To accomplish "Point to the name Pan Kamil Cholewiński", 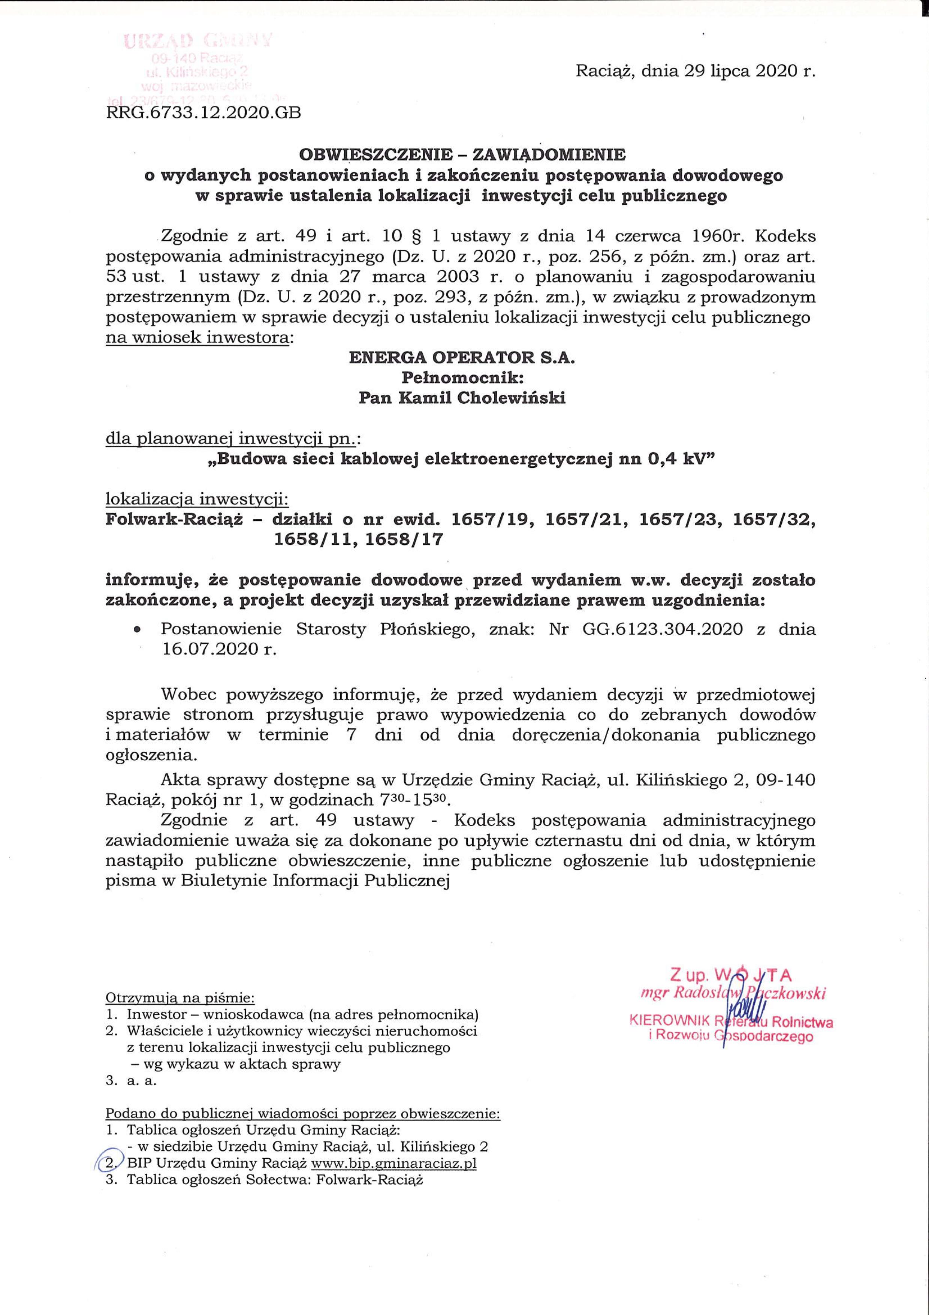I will coord(462,398).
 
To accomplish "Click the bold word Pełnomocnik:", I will coord(462,378).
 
